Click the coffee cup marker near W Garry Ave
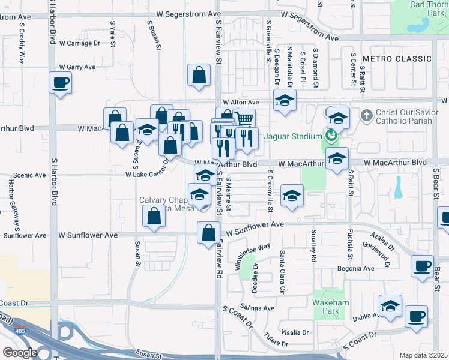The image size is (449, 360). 61,83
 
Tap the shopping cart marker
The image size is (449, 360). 243,119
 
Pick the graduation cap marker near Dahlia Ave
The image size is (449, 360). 390,306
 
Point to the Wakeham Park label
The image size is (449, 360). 331,307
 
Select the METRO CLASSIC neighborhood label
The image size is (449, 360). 397,59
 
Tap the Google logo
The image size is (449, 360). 20,352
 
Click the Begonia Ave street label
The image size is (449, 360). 357,268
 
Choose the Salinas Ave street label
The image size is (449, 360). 258,308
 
